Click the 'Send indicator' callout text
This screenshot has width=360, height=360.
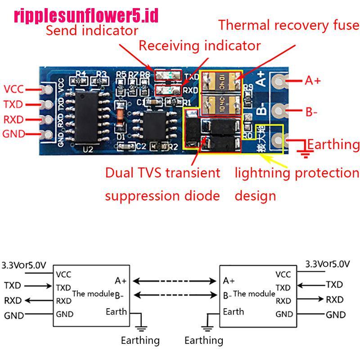pyautogui.click(x=92, y=31)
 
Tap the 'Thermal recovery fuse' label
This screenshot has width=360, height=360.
pyautogui.click(x=288, y=25)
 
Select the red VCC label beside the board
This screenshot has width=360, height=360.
pyautogui.click(x=13, y=89)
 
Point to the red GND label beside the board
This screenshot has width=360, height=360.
pyautogui.click(x=14, y=134)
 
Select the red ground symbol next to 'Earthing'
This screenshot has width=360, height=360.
pyautogui.click(x=306, y=153)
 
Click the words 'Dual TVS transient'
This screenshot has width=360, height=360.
pyautogui.click(x=162, y=173)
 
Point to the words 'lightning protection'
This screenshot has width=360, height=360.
pyautogui.click(x=297, y=173)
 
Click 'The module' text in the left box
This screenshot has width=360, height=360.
pyautogui.click(x=93, y=293)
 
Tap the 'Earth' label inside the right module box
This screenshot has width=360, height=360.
pyautogui.click(x=234, y=311)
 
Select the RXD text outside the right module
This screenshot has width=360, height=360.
pyautogui.click(x=334, y=299)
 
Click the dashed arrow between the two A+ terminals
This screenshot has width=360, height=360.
pyautogui.click(x=175, y=281)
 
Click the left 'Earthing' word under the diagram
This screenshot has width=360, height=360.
pyautogui.click(x=140, y=340)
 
